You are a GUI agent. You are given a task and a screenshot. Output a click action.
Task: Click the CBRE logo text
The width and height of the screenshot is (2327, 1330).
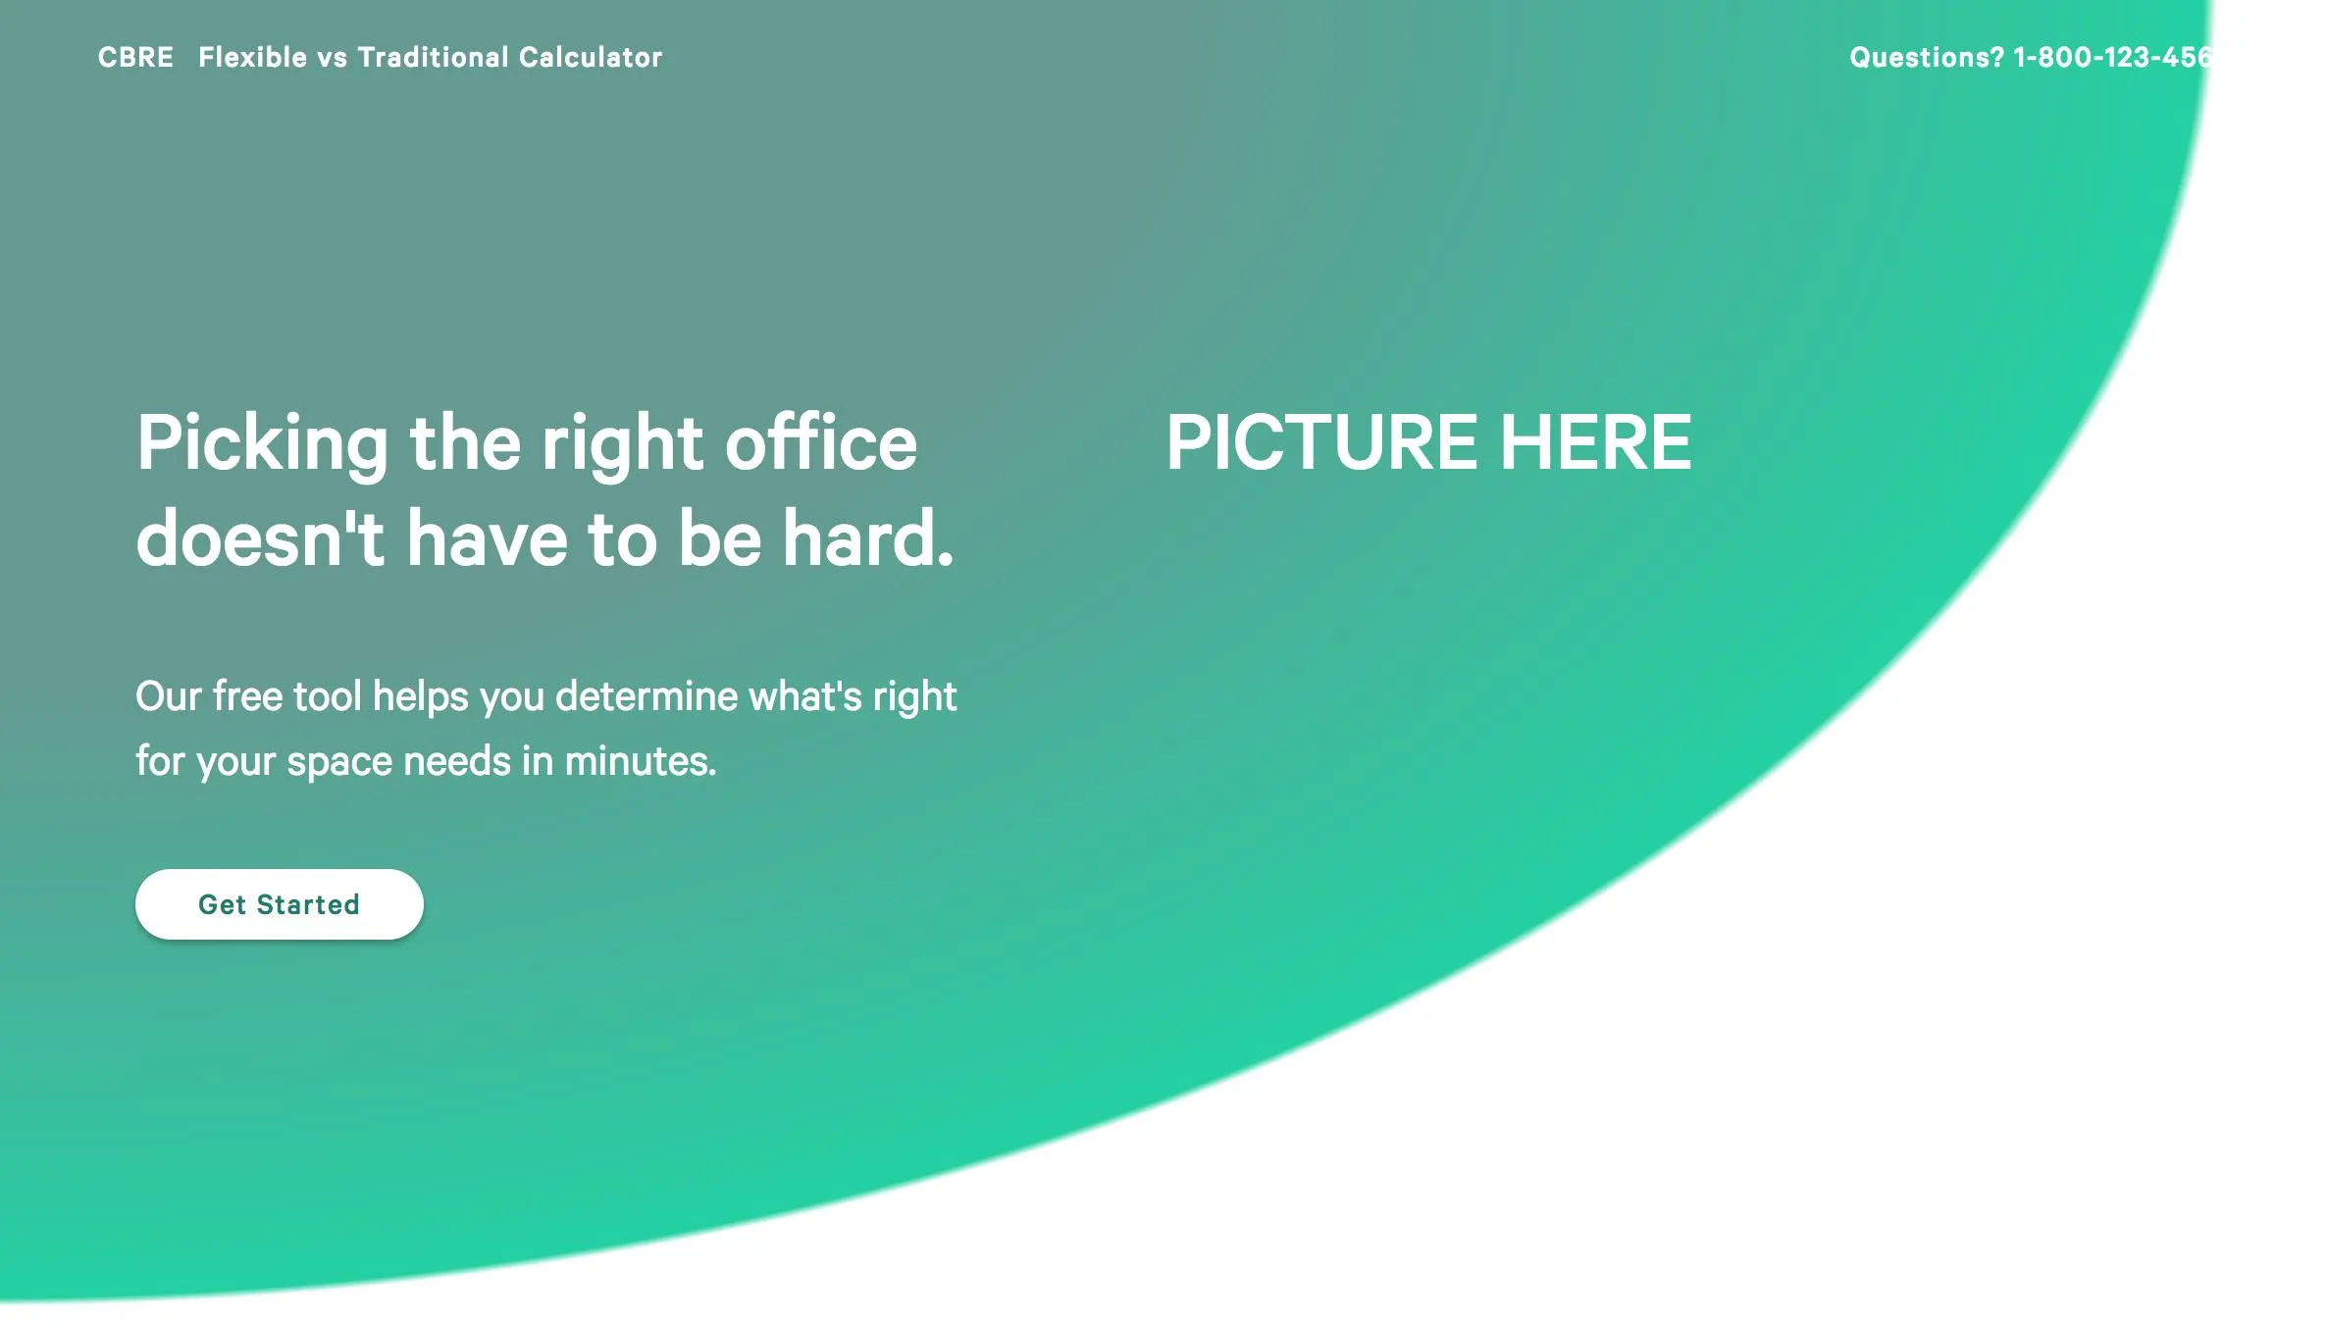[135, 57]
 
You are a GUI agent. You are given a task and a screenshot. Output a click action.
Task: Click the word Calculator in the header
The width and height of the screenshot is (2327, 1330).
[591, 57]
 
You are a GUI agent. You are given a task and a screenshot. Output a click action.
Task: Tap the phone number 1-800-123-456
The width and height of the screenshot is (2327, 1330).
[2112, 57]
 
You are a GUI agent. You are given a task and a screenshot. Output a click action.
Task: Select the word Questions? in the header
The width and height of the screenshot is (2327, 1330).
[1927, 57]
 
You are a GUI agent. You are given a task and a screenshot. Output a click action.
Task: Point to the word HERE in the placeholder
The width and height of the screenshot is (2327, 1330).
[1595, 442]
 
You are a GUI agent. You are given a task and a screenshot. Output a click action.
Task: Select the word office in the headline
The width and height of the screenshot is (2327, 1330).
[821, 442]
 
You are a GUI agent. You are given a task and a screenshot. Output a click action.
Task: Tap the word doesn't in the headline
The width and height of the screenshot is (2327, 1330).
[260, 538]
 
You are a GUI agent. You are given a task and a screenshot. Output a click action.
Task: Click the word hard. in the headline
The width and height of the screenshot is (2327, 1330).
[868, 538]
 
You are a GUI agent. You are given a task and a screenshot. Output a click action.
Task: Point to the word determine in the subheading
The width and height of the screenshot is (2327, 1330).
[646, 696]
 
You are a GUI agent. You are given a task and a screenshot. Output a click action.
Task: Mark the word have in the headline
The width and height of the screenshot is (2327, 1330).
[487, 538]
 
